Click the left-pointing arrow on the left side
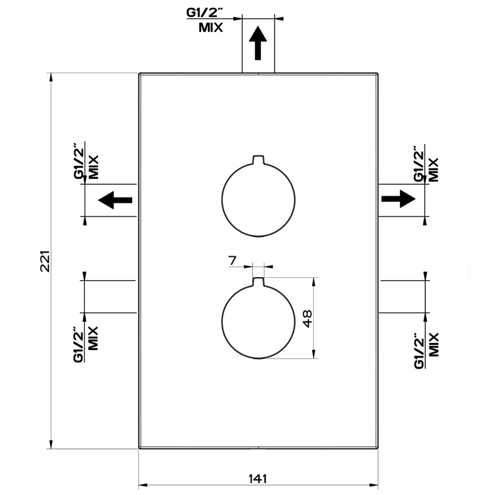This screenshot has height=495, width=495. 115,200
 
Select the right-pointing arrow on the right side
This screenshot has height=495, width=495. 398,199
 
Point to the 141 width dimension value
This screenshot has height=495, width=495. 257,479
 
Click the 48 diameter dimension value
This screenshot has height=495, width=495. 307,318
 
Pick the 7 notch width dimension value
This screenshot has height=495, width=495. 232,260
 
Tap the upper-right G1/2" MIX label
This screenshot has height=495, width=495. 425,164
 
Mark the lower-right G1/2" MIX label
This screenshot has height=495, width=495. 425,351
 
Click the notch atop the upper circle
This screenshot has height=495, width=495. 258,160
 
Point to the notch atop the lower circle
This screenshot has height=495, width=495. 258,282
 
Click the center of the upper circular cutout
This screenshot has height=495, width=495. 258,200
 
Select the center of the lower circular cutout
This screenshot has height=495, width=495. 258,322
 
